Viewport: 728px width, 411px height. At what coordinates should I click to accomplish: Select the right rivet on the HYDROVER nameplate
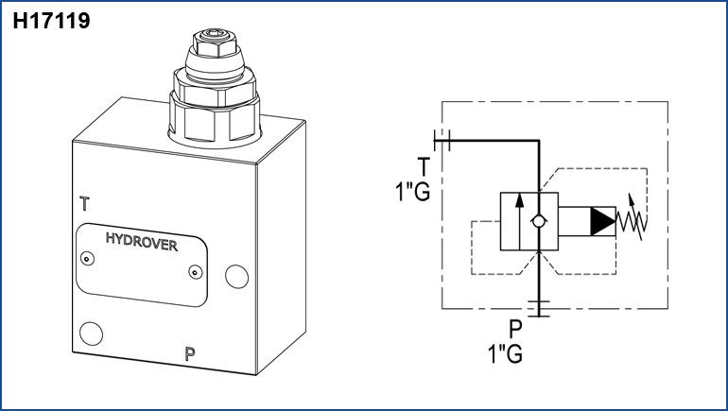[x=194, y=272]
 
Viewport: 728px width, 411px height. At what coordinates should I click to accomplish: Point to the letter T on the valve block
[x=85, y=203]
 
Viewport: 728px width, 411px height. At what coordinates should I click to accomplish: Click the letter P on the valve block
[x=190, y=355]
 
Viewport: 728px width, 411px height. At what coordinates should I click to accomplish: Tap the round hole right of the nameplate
[x=234, y=275]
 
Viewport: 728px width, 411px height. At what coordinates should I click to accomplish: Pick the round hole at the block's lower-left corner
[x=92, y=333]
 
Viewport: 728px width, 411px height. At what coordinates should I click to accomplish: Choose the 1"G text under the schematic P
[x=505, y=354]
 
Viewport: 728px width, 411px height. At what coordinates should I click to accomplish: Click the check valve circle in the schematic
[x=538, y=221]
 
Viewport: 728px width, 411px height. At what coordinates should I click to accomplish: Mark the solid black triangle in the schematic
[x=601, y=221]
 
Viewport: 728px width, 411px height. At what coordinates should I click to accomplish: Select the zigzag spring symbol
[x=631, y=220]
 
